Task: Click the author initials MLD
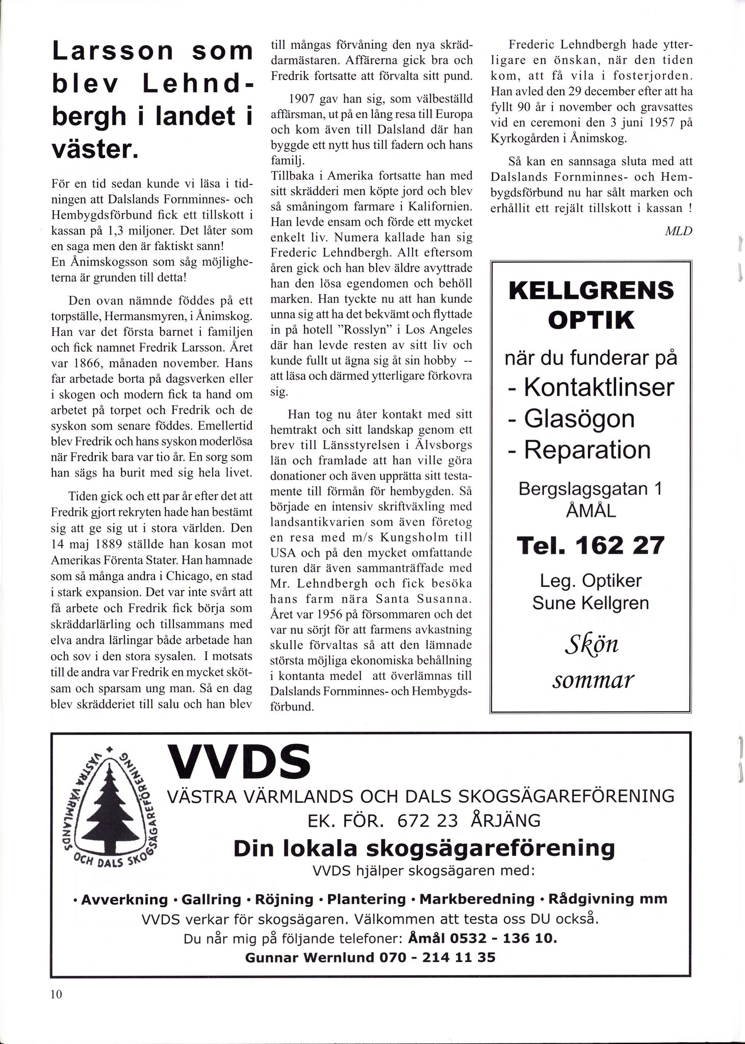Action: pyautogui.click(x=678, y=231)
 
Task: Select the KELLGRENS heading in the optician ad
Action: pyautogui.click(x=591, y=292)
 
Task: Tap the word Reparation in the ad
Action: pyautogui.click(x=587, y=450)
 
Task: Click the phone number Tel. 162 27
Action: pyautogui.click(x=591, y=545)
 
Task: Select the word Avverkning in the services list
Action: pyautogui.click(x=124, y=899)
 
